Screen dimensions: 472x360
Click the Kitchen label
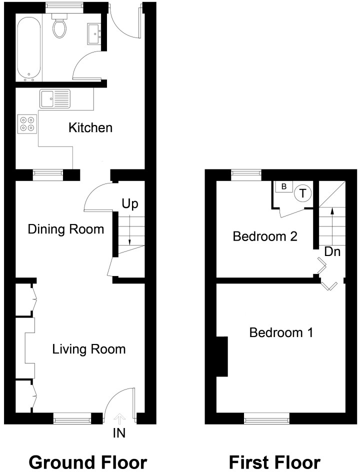[x=90, y=127]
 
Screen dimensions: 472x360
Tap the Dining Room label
[x=66, y=229]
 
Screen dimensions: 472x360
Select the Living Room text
[x=89, y=349]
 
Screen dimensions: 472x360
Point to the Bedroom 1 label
[x=281, y=332]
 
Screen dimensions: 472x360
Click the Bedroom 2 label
[x=265, y=236]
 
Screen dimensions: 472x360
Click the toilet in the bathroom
[x=59, y=26]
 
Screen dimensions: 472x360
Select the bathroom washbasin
[x=94, y=34]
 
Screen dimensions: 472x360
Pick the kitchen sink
[x=55, y=98]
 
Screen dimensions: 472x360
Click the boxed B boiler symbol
[x=284, y=187]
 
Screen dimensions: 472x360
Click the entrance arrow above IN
[x=119, y=418]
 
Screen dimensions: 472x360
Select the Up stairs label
[x=130, y=204]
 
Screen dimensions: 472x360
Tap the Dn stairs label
[x=332, y=251]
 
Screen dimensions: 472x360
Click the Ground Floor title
[x=88, y=462]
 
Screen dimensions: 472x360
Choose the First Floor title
[x=274, y=462]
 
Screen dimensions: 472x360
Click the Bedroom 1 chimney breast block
[x=222, y=356]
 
